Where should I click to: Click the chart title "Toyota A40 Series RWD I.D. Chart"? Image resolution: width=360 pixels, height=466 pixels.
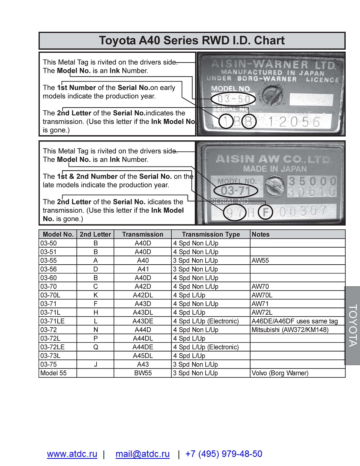coord(192,41)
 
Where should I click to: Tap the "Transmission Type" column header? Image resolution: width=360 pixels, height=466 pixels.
coord(211,234)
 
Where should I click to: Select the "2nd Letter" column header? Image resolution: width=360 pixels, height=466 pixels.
coord(95,234)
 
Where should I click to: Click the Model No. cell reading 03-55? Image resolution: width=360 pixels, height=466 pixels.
coord(49,260)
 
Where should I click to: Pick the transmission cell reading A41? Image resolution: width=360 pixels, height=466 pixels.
coord(142,269)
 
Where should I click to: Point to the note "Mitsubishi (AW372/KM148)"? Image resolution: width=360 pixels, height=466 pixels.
coord(290,330)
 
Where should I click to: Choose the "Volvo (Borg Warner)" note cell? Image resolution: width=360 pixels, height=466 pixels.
coord(280,373)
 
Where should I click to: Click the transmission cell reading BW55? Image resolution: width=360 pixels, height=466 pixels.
coord(142,373)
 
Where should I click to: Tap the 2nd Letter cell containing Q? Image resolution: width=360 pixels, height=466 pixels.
coord(95,347)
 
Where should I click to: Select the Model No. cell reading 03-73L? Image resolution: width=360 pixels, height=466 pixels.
coord(50,356)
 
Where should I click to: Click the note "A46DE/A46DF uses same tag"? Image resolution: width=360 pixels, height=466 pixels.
coord(294,321)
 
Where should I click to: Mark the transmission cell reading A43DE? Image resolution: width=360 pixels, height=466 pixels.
coord(142,321)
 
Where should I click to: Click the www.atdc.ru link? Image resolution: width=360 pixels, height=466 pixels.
coord(72,454)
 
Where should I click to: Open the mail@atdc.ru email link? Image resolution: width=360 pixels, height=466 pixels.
coord(142,454)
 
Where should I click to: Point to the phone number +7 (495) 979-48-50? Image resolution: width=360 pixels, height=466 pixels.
coord(224,454)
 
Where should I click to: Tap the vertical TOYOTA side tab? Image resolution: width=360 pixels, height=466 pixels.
coord(352,325)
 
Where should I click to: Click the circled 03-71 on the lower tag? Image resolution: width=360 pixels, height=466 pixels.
coord(236,190)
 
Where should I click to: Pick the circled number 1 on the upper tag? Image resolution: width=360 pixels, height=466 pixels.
coord(226,121)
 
